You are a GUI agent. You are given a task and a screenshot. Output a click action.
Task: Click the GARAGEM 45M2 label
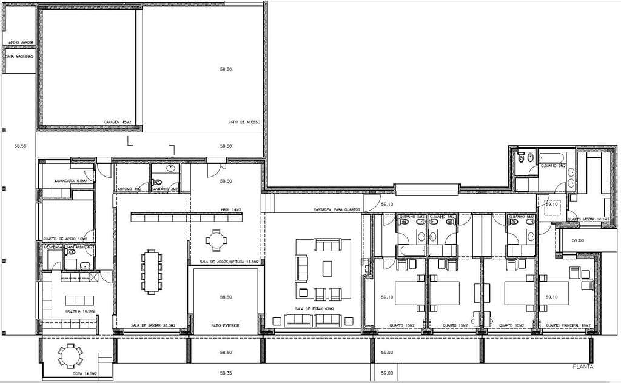click(x=118, y=122)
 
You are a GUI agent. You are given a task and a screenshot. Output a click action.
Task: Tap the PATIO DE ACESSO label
click(x=244, y=122)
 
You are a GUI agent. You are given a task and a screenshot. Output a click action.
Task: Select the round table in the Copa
click(x=71, y=355)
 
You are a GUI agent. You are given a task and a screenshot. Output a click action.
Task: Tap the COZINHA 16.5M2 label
click(x=80, y=311)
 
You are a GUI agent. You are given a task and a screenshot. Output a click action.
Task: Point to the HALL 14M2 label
click(x=231, y=210)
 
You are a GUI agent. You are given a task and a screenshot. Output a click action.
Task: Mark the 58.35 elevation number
click(x=226, y=373)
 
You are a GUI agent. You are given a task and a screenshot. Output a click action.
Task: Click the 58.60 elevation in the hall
click(x=226, y=181)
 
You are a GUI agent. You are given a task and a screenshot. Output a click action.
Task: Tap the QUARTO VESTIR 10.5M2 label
click(x=588, y=219)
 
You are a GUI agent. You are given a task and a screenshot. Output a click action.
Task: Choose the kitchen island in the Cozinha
click(x=76, y=300)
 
